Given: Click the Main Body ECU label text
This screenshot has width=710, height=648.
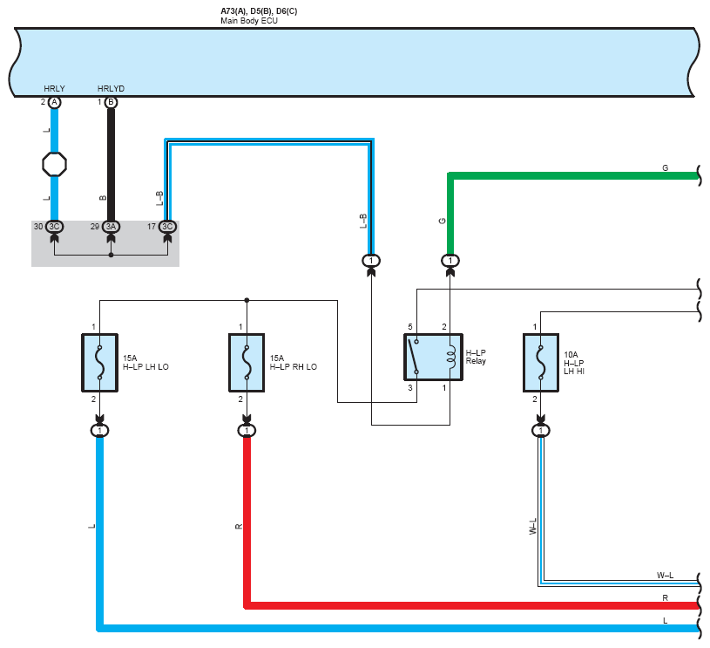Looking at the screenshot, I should point(248,20).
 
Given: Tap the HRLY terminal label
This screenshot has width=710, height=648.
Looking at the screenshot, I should point(54,89).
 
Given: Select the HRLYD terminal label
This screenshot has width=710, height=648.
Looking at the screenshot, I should point(111,89).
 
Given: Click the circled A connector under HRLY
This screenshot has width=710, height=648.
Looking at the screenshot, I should point(55,103).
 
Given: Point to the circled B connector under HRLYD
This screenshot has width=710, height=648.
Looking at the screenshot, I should point(111,103).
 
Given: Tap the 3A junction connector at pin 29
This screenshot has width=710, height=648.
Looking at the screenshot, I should point(111,227).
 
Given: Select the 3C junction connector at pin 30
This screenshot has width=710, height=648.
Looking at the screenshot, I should point(55,227).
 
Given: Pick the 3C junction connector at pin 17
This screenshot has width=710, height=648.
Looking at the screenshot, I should point(167,227).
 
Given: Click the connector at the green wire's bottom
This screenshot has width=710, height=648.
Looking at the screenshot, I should point(450,260).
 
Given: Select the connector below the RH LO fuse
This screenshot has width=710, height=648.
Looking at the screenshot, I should point(247,431).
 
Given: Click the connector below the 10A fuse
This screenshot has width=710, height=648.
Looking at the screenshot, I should point(541,431).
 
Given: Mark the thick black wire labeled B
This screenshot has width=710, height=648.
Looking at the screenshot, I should point(111,166).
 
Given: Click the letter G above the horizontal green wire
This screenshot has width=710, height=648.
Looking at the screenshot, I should point(665,167).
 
